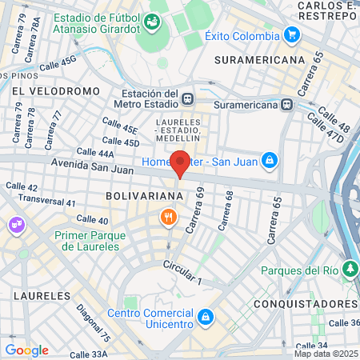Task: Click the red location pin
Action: (x=181, y=163)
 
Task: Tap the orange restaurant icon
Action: (x=168, y=216)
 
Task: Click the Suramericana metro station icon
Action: (x=286, y=103)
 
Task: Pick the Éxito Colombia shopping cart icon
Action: (x=292, y=35)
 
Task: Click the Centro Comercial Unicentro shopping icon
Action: (x=206, y=317)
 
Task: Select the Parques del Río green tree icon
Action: (x=350, y=268)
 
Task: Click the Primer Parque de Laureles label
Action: (x=86, y=241)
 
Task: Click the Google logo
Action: (x=26, y=350)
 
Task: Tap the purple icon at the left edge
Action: (x=14, y=226)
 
